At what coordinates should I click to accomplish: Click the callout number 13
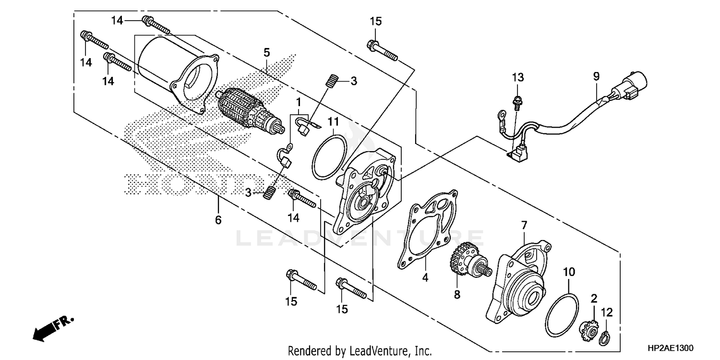pyautogui.click(x=517, y=77)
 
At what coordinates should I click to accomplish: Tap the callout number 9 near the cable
pyautogui.click(x=596, y=76)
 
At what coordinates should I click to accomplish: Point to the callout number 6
pyautogui.click(x=218, y=220)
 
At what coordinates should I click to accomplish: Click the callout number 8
pyautogui.click(x=457, y=293)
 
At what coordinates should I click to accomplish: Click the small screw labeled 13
pyautogui.click(x=517, y=101)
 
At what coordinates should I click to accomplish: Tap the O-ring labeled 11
pyautogui.click(x=329, y=156)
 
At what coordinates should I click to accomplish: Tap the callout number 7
pyautogui.click(x=524, y=225)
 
